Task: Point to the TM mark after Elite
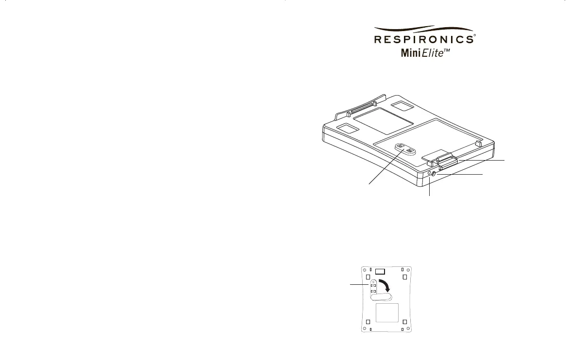point(447,50)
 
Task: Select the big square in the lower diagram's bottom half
point(387,315)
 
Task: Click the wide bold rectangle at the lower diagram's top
point(381,271)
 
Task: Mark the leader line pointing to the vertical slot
point(357,285)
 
